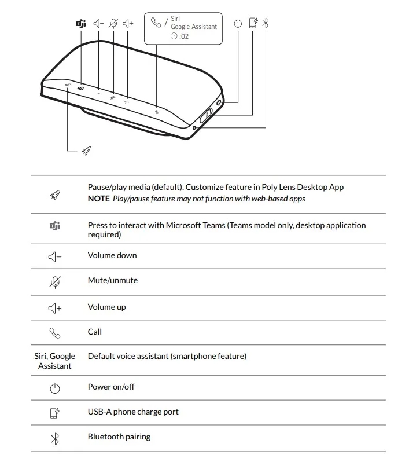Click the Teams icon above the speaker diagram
click(x=81, y=24)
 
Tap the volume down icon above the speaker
click(x=98, y=24)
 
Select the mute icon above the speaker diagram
click(x=113, y=24)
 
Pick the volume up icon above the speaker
click(x=128, y=24)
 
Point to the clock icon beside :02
click(x=174, y=36)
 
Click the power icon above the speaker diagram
click(x=238, y=24)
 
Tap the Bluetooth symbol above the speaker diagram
click(x=266, y=23)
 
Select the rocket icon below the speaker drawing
click(x=86, y=151)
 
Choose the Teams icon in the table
click(x=55, y=226)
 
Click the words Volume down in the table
click(x=112, y=255)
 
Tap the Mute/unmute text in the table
click(x=112, y=280)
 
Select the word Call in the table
click(x=95, y=332)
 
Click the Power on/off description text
click(x=111, y=387)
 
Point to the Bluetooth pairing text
click(x=119, y=437)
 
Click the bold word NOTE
click(x=98, y=199)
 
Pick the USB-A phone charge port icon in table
click(x=55, y=413)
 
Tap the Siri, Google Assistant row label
click(x=55, y=361)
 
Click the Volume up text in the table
click(x=106, y=307)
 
